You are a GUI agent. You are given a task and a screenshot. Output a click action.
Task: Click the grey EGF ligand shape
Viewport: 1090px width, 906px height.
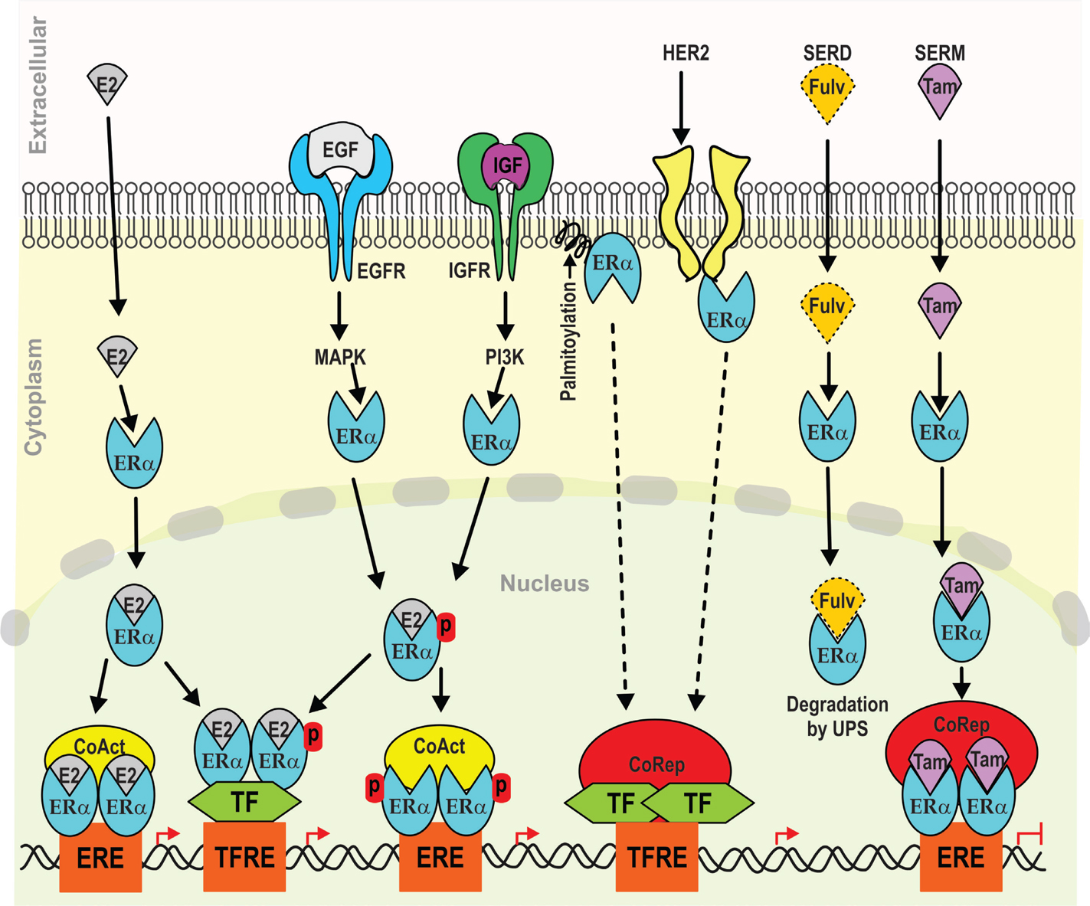[340, 150]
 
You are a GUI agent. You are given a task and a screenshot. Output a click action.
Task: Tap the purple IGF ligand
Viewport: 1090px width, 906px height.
[506, 165]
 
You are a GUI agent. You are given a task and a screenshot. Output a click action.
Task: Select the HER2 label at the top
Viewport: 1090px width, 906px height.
[686, 54]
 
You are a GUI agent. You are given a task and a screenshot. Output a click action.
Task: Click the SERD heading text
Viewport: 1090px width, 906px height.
[827, 54]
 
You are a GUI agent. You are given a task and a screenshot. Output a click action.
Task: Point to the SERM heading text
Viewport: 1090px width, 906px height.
[939, 54]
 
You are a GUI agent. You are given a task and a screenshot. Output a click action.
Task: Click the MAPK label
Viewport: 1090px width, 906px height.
[340, 357]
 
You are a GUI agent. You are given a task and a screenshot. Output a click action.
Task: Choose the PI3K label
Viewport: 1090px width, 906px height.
[505, 357]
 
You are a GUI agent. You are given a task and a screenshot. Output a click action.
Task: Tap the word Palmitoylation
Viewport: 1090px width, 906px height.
[568, 341]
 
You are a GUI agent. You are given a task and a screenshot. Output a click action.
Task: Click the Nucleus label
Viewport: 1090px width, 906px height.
[545, 584]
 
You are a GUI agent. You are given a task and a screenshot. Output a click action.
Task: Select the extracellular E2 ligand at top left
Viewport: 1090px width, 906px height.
[106, 83]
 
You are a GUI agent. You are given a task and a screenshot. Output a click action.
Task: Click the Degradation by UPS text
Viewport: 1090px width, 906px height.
[837, 716]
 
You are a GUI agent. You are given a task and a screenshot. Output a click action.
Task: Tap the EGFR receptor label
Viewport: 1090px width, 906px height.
[381, 270]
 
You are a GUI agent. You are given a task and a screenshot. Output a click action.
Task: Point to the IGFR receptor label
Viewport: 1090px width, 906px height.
[469, 270]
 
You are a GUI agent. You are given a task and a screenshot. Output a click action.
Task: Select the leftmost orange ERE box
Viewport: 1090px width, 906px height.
[100, 857]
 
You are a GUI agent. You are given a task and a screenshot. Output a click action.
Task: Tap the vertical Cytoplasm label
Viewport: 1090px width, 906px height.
[34, 398]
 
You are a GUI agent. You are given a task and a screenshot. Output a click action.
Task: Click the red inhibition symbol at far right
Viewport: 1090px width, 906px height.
[1031, 836]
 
